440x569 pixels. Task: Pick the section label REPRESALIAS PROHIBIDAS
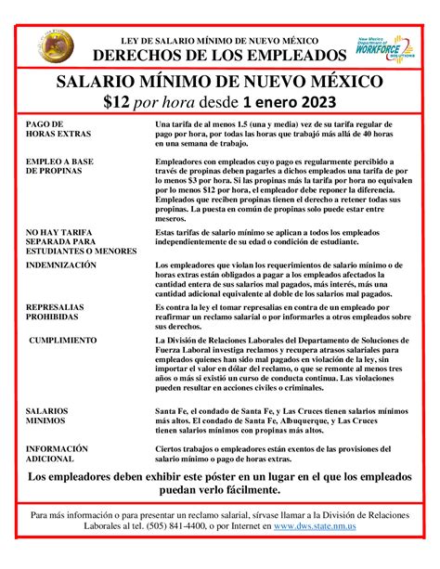tap(58, 311)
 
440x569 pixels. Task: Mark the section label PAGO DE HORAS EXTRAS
tap(58, 128)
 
